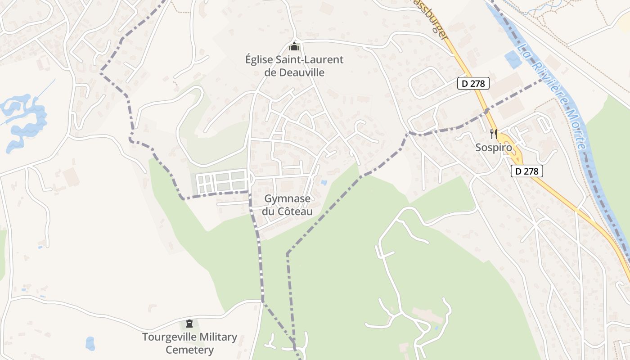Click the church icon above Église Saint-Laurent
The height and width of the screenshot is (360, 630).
pos(294,46)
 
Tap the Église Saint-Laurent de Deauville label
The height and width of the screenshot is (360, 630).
pos(294,66)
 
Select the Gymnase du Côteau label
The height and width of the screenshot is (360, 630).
pos(288,205)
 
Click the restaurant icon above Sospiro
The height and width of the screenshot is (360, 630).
pos(494,134)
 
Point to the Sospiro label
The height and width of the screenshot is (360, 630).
pos(494,148)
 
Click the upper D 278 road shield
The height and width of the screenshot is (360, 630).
pos(473,83)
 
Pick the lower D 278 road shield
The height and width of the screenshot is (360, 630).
pos(527,171)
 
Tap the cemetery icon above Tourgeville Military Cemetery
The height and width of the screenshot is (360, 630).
pos(189,324)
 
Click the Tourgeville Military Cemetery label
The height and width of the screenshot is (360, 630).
pos(189,343)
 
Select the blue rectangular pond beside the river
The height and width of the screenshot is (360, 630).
pos(513,60)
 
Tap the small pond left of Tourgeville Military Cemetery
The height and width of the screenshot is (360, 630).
pos(90,343)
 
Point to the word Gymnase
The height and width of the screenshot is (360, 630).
pos(287,198)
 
